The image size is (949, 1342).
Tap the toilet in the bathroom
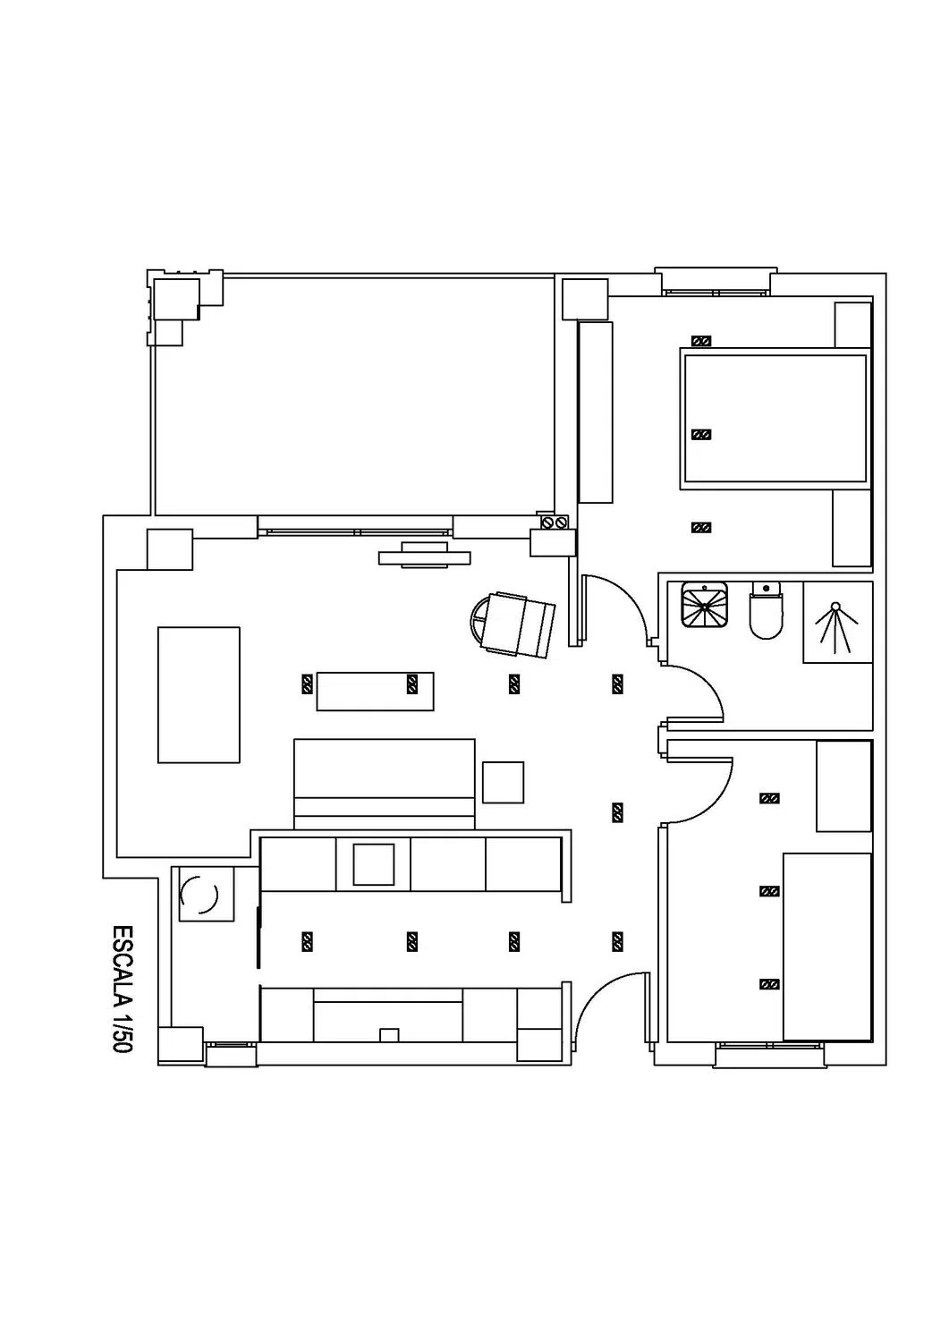pyautogui.click(x=766, y=609)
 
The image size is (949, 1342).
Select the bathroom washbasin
pyautogui.click(x=704, y=603)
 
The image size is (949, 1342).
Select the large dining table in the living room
pyautogui.click(x=199, y=694)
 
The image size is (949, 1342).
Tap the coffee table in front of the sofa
pyautogui.click(x=375, y=692)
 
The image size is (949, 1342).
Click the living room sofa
pyautogui.click(x=384, y=784)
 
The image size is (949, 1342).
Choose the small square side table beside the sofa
pyautogui.click(x=504, y=783)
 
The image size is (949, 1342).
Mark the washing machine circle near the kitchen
pyautogui.click(x=199, y=895)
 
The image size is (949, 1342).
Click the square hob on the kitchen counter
pyautogui.click(x=374, y=864)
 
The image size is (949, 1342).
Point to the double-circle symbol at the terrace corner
pyautogui.click(x=555, y=522)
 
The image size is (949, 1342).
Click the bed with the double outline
pyautogui.click(x=774, y=418)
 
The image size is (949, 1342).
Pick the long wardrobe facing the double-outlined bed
pyautogui.click(x=596, y=412)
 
